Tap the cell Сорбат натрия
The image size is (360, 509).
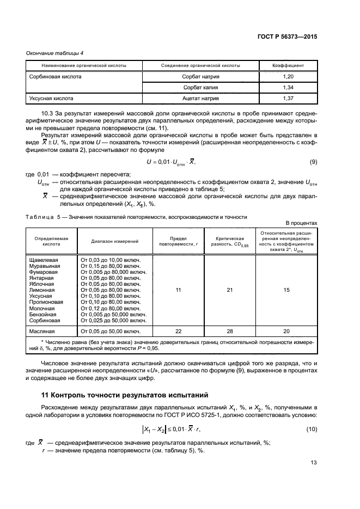[201, 77]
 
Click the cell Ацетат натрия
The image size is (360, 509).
[201, 99]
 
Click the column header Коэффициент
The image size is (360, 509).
[288, 65]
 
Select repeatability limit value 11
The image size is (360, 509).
[178, 291]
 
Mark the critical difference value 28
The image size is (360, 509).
[229, 330]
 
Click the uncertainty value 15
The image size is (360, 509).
[286, 291]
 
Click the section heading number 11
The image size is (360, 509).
[45, 394]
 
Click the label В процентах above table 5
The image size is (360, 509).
[301, 223]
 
